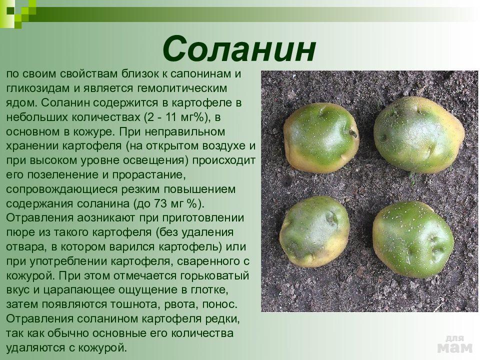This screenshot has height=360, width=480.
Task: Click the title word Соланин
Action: tap(239, 49)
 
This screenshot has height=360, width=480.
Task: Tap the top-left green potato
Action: tap(321, 137)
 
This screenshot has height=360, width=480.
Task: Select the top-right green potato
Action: tap(419, 135)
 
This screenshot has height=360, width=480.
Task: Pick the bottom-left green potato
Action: tap(314, 231)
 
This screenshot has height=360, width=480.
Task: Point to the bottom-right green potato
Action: tap(413, 239)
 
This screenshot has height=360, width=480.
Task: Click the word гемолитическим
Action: tap(182, 88)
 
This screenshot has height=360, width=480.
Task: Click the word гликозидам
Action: tap(38, 88)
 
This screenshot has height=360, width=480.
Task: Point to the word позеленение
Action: tap(68, 175)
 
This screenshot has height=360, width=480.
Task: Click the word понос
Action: tap(220, 304)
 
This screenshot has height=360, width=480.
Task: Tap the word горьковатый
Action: tap(215, 276)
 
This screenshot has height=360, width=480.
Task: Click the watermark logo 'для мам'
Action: tap(455, 344)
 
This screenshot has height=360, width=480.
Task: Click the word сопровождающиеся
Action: tap(62, 189)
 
